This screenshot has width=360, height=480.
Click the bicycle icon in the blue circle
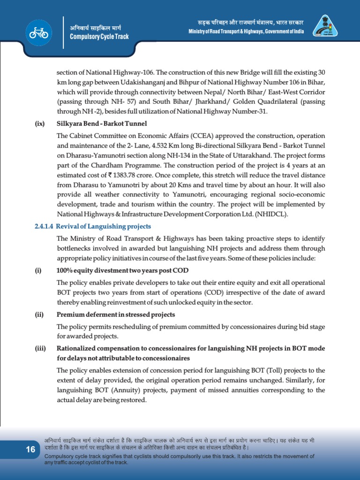coord(38,32)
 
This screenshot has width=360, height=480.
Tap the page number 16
coord(30,450)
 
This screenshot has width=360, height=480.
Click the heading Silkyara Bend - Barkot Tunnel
coord(102,124)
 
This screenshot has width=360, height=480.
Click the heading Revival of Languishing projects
coord(104,226)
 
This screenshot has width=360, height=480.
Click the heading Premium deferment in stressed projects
coord(116,315)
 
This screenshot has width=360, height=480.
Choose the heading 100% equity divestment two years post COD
coord(123,270)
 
